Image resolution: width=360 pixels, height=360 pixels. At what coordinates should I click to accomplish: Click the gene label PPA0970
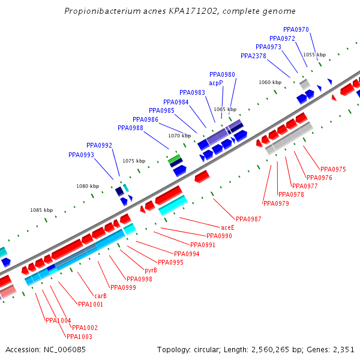(x=296, y=30)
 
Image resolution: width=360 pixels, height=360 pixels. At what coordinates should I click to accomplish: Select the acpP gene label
(x=216, y=83)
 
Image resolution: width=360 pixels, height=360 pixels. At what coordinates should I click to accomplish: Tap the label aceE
(x=227, y=228)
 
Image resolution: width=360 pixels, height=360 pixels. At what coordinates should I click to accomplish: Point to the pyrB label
(x=151, y=270)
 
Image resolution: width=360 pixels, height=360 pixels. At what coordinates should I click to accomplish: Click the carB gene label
(x=100, y=296)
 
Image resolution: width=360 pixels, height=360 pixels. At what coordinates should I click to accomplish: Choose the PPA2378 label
(x=253, y=56)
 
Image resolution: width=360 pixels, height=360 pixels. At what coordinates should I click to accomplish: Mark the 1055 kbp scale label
(x=314, y=55)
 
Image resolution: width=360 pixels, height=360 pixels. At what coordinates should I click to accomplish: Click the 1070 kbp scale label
(x=179, y=136)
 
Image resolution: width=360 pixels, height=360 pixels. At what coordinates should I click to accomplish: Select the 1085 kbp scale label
(x=41, y=210)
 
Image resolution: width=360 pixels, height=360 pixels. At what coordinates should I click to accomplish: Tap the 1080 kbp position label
(x=88, y=186)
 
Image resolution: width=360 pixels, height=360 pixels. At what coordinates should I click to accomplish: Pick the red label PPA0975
(x=333, y=169)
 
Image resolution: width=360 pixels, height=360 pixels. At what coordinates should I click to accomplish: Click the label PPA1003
(x=79, y=337)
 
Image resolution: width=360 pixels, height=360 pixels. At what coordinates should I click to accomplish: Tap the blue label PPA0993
(x=81, y=155)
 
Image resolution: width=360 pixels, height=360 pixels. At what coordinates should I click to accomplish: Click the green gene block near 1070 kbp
(x=175, y=158)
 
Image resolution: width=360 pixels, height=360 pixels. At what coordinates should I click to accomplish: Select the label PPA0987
(x=248, y=219)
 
